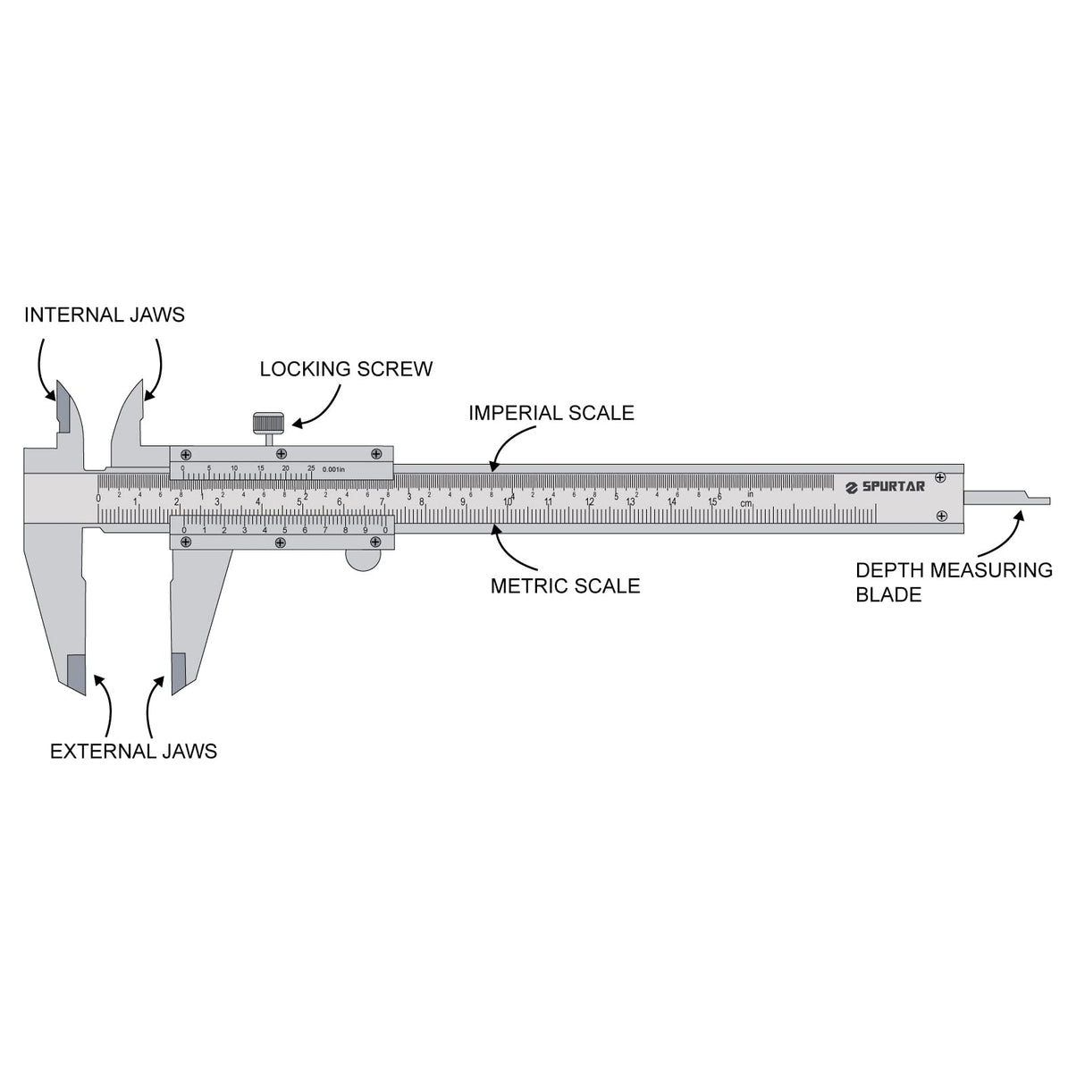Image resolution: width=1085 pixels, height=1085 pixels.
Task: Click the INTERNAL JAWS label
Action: [x=104, y=315]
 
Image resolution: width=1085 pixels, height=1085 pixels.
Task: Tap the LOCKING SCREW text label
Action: [x=346, y=369]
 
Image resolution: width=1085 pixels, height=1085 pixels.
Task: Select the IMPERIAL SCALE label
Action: [x=551, y=413]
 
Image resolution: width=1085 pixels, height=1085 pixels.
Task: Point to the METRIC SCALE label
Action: [x=565, y=586]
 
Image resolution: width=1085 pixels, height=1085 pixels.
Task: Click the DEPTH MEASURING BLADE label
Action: [x=954, y=582]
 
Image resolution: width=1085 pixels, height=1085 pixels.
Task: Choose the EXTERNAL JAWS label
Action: [x=133, y=751]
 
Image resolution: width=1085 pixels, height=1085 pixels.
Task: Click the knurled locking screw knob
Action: [x=269, y=422]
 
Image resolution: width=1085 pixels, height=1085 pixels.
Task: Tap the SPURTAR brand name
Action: [x=893, y=486]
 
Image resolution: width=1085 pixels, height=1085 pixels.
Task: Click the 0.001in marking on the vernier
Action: [x=333, y=469]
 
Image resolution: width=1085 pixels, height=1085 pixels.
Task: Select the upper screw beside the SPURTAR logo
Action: [x=939, y=477]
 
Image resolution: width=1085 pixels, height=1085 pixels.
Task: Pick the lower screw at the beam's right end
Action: [x=941, y=516]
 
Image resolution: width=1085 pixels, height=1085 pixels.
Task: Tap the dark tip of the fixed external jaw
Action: [x=77, y=673]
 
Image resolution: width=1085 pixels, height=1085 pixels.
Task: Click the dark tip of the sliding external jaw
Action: [x=179, y=672]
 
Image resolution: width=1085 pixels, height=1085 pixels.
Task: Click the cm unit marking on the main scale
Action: [x=745, y=504]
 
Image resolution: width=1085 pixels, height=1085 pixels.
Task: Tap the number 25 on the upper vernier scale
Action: [x=311, y=468]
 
